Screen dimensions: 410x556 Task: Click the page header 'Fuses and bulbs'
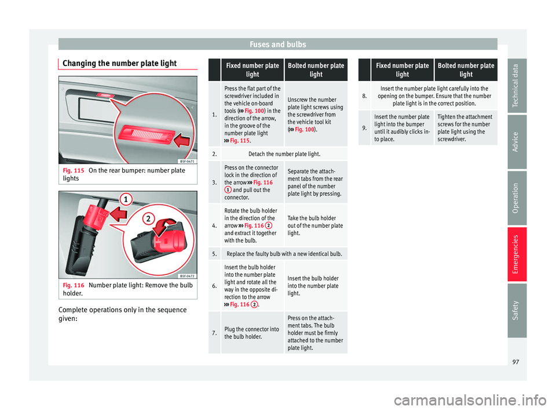pyautogui.click(x=277, y=43)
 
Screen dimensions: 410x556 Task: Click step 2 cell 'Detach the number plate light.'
pyautogui.click(x=284, y=154)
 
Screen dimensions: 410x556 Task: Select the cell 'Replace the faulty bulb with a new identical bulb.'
pyautogui.click(x=284, y=254)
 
